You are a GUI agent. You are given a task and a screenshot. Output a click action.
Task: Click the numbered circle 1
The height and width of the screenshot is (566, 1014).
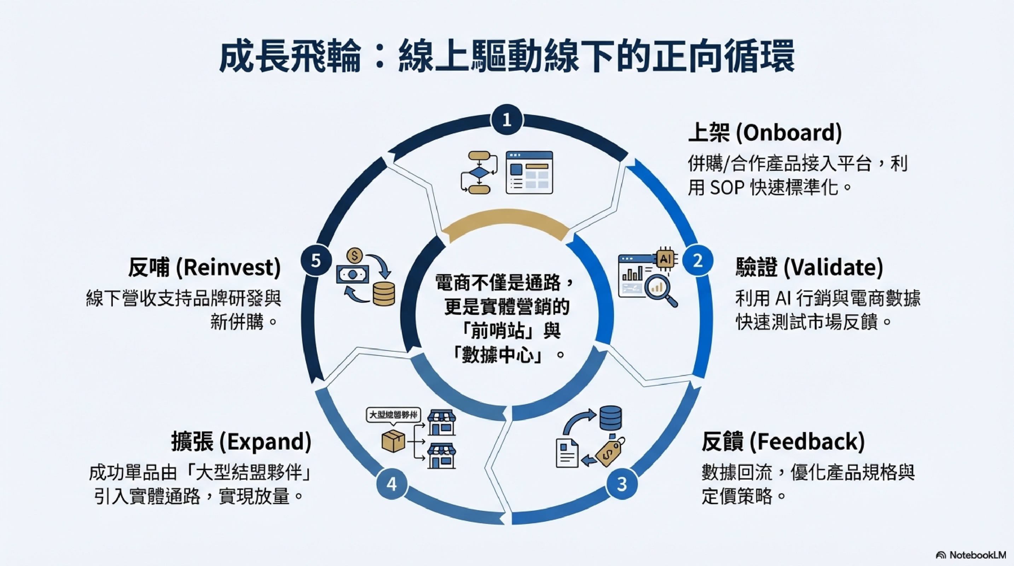point(507,120)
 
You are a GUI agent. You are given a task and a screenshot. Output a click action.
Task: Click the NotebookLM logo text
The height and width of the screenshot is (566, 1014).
point(977,555)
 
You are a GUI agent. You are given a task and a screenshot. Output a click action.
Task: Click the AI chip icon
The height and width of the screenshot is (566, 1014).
point(665,259)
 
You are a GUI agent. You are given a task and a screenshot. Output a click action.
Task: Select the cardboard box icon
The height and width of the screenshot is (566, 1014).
point(393,441)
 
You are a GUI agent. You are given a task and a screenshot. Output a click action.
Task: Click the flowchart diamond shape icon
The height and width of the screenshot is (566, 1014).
point(479,172)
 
